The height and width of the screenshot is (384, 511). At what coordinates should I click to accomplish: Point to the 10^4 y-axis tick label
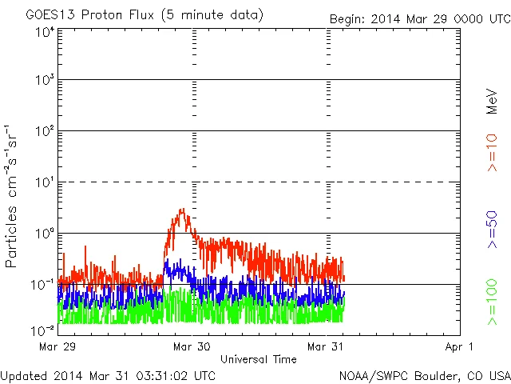[x=44, y=31]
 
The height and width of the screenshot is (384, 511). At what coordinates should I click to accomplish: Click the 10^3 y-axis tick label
[x=44, y=80]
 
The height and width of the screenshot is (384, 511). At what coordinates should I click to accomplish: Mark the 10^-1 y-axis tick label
[x=42, y=284]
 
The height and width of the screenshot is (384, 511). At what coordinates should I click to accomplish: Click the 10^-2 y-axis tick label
[x=42, y=330]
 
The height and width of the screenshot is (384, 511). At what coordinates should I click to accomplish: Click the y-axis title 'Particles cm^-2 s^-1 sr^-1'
[x=13, y=196]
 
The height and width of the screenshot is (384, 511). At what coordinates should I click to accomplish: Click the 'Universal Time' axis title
[x=259, y=359]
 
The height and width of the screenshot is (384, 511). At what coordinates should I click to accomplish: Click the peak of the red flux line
[x=183, y=210]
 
